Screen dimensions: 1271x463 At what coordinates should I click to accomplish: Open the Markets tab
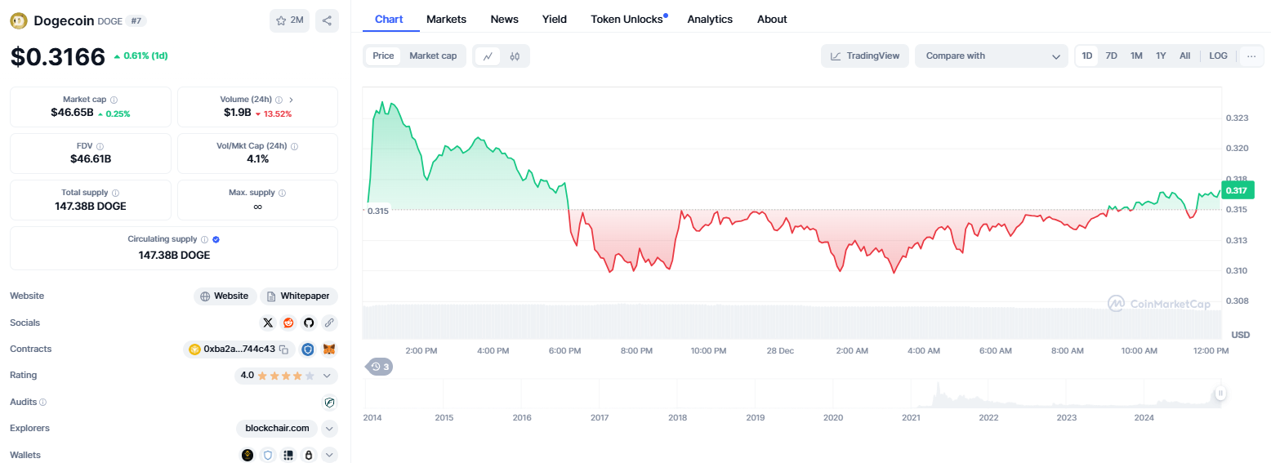pyautogui.click(x=446, y=20)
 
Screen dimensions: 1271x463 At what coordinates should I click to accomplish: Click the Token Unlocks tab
pyautogui.click(x=627, y=20)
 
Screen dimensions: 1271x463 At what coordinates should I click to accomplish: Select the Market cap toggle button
pyautogui.click(x=433, y=56)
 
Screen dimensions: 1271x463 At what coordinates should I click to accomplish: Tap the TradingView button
pyautogui.click(x=865, y=56)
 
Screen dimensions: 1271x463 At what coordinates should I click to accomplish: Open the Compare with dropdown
pyautogui.click(x=992, y=56)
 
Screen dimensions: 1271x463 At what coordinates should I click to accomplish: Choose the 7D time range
pyautogui.click(x=1111, y=56)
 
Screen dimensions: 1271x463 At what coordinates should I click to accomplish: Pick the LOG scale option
pyautogui.click(x=1218, y=56)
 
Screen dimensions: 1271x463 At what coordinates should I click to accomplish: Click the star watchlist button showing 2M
pyautogui.click(x=289, y=20)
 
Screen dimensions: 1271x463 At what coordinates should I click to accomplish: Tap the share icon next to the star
pyautogui.click(x=327, y=20)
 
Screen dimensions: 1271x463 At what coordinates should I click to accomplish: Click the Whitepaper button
pyautogui.click(x=299, y=296)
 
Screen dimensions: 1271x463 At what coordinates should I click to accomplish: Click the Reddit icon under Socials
pyautogui.click(x=288, y=323)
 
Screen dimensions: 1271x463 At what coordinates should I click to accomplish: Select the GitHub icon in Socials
pyautogui.click(x=309, y=323)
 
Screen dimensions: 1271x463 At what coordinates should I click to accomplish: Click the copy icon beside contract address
pyautogui.click(x=284, y=349)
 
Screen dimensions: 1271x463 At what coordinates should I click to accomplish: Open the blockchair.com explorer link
pyautogui.click(x=277, y=429)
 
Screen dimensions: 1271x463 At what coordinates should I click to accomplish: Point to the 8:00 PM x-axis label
pyautogui.click(x=636, y=350)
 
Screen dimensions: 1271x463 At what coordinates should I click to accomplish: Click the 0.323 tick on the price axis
pyautogui.click(x=1237, y=118)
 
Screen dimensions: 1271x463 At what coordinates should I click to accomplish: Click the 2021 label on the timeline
pyautogui.click(x=912, y=417)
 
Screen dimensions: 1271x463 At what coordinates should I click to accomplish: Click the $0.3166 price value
pyautogui.click(x=58, y=56)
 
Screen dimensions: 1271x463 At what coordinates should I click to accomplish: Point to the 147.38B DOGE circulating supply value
pyautogui.click(x=174, y=256)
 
